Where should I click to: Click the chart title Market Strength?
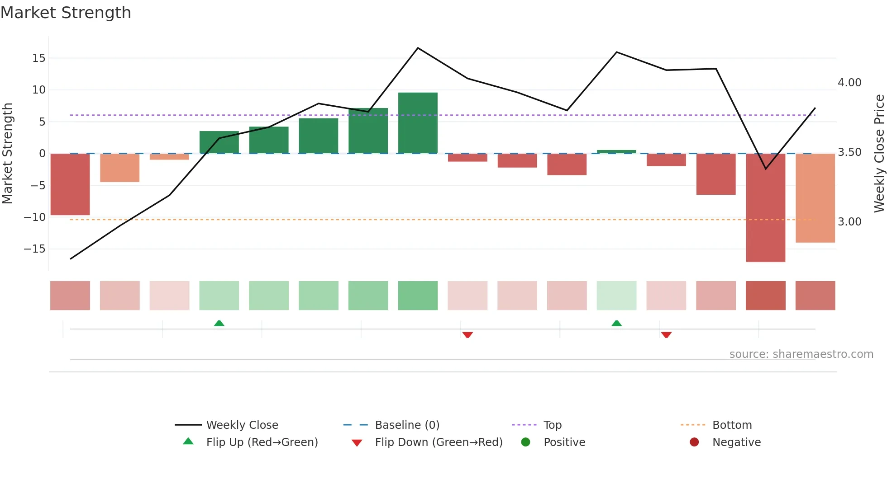pyautogui.click(x=66, y=13)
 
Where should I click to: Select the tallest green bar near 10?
pyautogui.click(x=418, y=123)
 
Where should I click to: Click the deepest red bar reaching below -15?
pyautogui.click(x=765, y=207)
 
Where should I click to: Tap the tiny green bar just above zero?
pyautogui.click(x=616, y=152)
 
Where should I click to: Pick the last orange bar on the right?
pyautogui.click(x=815, y=198)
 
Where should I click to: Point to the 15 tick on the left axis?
pyautogui.click(x=39, y=58)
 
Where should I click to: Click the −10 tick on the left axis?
pyautogui.click(x=35, y=217)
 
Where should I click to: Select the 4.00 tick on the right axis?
pyautogui.click(x=849, y=83)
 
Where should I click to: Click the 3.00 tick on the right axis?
pyautogui.click(x=849, y=222)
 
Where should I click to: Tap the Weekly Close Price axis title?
pyautogui.click(x=879, y=154)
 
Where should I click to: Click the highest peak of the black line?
pyautogui.click(x=418, y=48)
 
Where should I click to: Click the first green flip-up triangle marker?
pyautogui.click(x=219, y=323)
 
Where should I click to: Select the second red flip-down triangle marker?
pyautogui.click(x=666, y=335)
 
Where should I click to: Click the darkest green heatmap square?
pyautogui.click(x=418, y=296)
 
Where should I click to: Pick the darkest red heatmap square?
pyautogui.click(x=765, y=296)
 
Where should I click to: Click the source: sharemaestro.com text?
pyautogui.click(x=801, y=354)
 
